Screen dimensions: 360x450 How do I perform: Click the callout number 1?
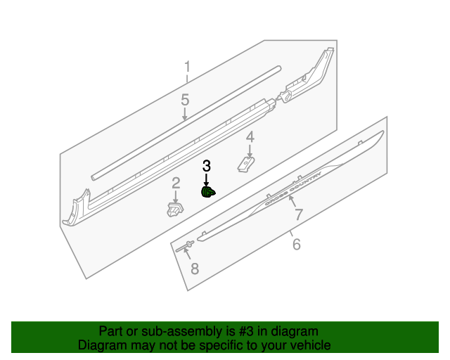(187, 67)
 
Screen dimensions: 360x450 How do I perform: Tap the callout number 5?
(185, 100)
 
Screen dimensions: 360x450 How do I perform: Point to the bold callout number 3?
(206, 167)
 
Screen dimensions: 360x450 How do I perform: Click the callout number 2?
(176, 184)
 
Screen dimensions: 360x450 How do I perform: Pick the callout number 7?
(298, 215)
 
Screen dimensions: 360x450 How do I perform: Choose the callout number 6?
(296, 245)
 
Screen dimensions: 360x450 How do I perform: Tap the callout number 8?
(195, 268)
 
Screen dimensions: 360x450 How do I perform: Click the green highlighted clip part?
(208, 192)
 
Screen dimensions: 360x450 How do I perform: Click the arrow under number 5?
(185, 114)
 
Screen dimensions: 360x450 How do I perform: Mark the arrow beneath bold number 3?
(206, 180)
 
